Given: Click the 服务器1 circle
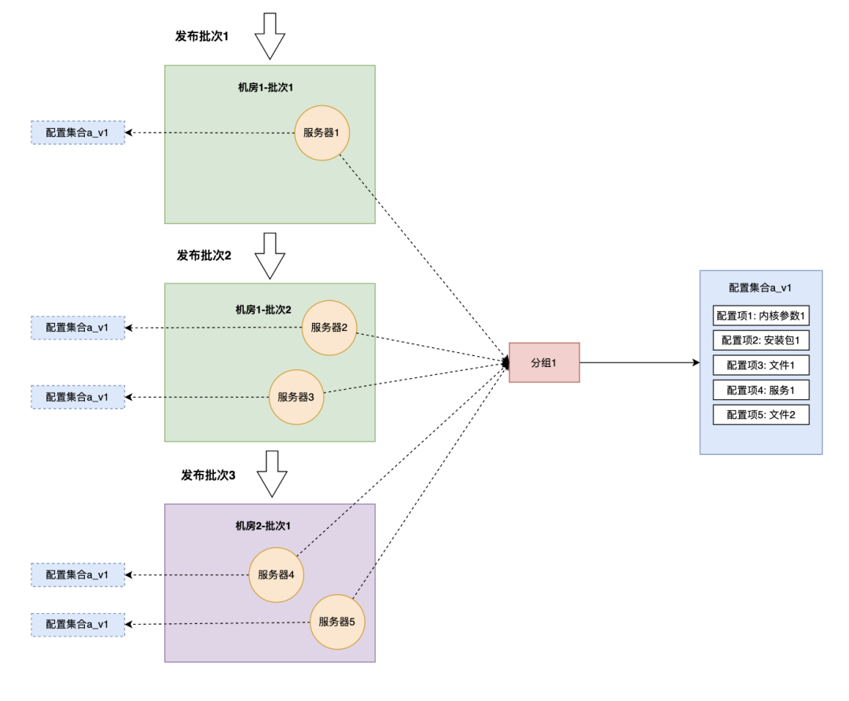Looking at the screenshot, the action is pyautogui.click(x=322, y=133).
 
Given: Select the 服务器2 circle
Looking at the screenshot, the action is pyautogui.click(x=329, y=328).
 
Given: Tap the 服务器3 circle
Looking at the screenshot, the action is pyautogui.click(x=296, y=397).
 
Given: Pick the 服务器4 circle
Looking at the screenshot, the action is pyautogui.click(x=276, y=575).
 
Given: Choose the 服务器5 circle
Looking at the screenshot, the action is pyautogui.click(x=336, y=622).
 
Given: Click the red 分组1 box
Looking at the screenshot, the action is pyautogui.click(x=544, y=362).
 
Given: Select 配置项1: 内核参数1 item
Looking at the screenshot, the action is pyautogui.click(x=761, y=316).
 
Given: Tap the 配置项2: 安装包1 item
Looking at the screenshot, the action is pyautogui.click(x=761, y=340).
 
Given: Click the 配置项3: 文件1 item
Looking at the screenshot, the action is pyautogui.click(x=761, y=365).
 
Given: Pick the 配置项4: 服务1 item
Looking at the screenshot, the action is pyautogui.click(x=761, y=390).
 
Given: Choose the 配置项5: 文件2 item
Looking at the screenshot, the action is pyautogui.click(x=761, y=415).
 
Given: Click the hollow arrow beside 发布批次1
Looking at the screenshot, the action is pyautogui.click(x=270, y=36).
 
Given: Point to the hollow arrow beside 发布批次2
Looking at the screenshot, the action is pyautogui.click(x=270, y=256).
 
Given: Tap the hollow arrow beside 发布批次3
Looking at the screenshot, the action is pyautogui.click(x=272, y=474).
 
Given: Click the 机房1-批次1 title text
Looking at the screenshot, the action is pyautogui.click(x=266, y=87).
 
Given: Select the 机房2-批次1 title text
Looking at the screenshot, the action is pyautogui.click(x=263, y=526).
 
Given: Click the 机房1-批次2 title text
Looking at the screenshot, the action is pyautogui.click(x=263, y=310).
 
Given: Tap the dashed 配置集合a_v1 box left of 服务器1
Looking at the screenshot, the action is pyautogui.click(x=78, y=133).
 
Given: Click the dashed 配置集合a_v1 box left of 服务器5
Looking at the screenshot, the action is pyautogui.click(x=78, y=624).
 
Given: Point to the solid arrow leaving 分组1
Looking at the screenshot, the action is pyautogui.click(x=640, y=362).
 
